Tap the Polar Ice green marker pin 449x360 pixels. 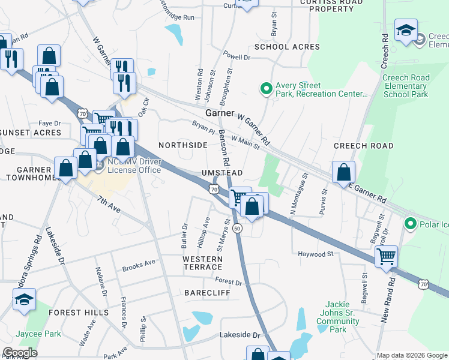pyautogui.click(x=411, y=224)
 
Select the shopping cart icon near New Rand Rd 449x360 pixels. pyautogui.click(x=387, y=256)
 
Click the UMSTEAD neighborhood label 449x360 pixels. pyautogui.click(x=222, y=173)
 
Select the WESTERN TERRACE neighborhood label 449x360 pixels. pyautogui.click(x=203, y=263)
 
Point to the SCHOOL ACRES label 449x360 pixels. pyautogui.click(x=287, y=47)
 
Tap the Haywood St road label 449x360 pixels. pyautogui.click(x=315, y=254)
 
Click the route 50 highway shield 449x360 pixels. pyautogui.click(x=238, y=229)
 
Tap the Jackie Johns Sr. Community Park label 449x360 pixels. pyautogui.click(x=338, y=317)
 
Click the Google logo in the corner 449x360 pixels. pyautogui.click(x=20, y=353)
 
